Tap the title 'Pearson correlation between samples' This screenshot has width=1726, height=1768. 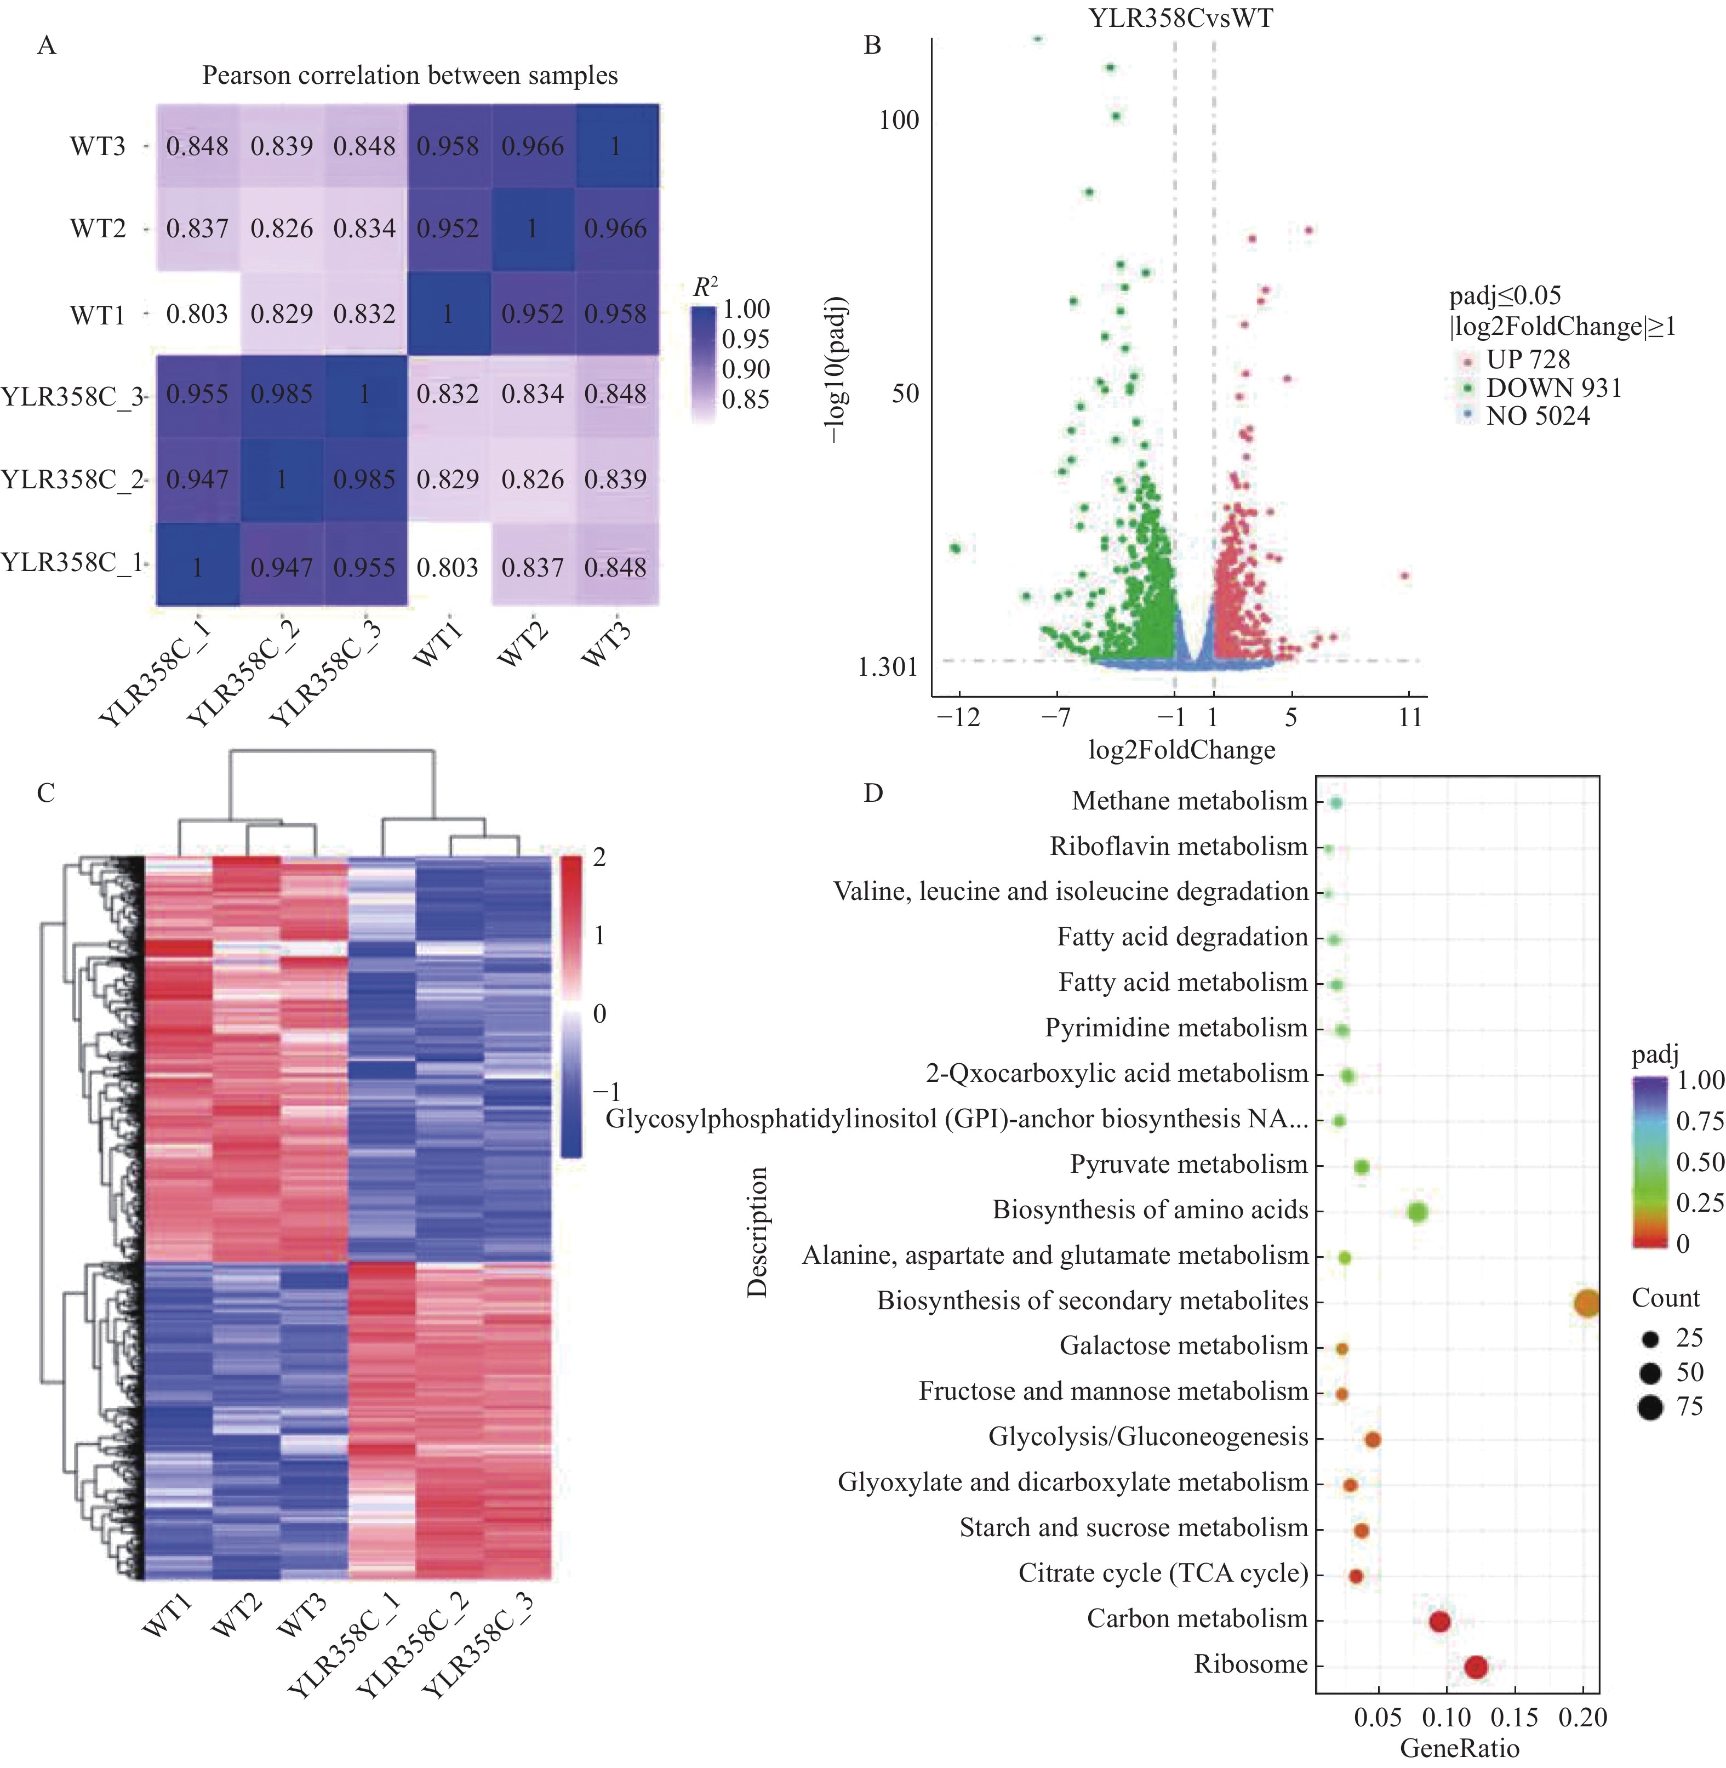[x=410, y=75]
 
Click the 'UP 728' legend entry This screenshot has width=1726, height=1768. [x=1528, y=359]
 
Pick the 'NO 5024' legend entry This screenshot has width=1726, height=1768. [x=1538, y=416]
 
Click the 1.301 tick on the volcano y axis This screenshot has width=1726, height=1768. [x=888, y=668]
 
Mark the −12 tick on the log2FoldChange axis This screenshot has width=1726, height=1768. [x=958, y=717]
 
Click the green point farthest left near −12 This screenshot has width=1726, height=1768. [x=955, y=547]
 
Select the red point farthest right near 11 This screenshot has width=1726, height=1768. [x=1404, y=575]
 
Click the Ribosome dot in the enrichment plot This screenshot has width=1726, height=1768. [x=1476, y=1667]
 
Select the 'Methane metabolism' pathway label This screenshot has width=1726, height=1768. [x=1190, y=801]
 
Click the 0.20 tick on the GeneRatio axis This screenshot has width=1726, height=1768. [x=1583, y=1717]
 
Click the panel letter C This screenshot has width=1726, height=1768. [x=46, y=794]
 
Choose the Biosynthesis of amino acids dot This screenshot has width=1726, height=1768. [x=1418, y=1211]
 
